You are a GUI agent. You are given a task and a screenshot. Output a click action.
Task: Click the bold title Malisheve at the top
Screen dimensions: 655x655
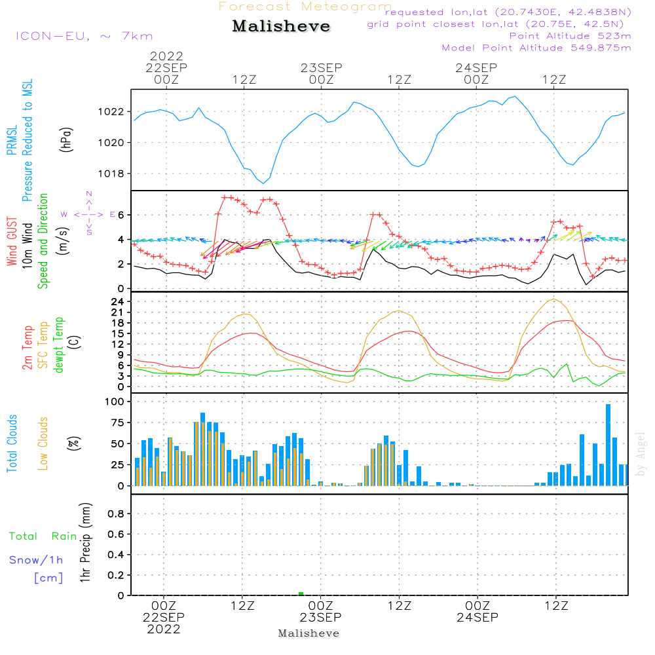[281, 26]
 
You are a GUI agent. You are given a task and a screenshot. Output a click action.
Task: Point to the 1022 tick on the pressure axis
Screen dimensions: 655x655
[111, 112]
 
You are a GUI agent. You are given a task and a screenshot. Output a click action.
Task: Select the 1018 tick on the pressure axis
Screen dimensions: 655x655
[111, 174]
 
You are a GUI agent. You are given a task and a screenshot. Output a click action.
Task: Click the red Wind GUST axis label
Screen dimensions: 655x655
[12, 241]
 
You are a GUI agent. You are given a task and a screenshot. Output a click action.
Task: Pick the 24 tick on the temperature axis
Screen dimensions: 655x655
[117, 301]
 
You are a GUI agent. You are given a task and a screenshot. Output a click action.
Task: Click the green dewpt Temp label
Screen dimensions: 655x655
[58, 345]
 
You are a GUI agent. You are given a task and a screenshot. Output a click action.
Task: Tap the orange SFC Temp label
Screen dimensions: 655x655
[43, 345]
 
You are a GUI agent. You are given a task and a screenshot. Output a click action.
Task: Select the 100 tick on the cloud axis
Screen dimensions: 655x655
[115, 402]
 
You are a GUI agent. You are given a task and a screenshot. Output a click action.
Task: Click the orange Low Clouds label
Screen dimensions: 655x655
[43, 443]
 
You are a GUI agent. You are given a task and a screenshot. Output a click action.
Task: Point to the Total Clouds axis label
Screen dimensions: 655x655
[12, 443]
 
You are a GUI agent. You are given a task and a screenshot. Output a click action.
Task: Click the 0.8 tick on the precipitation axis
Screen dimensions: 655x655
[116, 514]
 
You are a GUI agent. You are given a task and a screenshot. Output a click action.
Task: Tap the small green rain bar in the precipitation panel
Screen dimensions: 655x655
[301, 593]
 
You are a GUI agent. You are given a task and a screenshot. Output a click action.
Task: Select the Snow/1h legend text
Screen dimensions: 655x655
[36, 560]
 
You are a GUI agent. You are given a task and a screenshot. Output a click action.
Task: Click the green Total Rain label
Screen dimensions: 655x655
[43, 536]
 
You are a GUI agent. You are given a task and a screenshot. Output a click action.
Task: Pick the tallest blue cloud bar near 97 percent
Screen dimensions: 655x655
[608, 445]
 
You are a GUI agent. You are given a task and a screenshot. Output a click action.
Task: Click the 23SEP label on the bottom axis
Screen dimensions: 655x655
[320, 617]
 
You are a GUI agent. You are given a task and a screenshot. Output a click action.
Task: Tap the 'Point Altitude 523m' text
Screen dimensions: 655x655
[571, 36]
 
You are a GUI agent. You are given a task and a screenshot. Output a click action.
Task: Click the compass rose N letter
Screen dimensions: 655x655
[89, 194]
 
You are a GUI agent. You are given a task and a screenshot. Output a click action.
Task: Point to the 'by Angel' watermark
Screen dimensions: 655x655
[641, 454]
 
